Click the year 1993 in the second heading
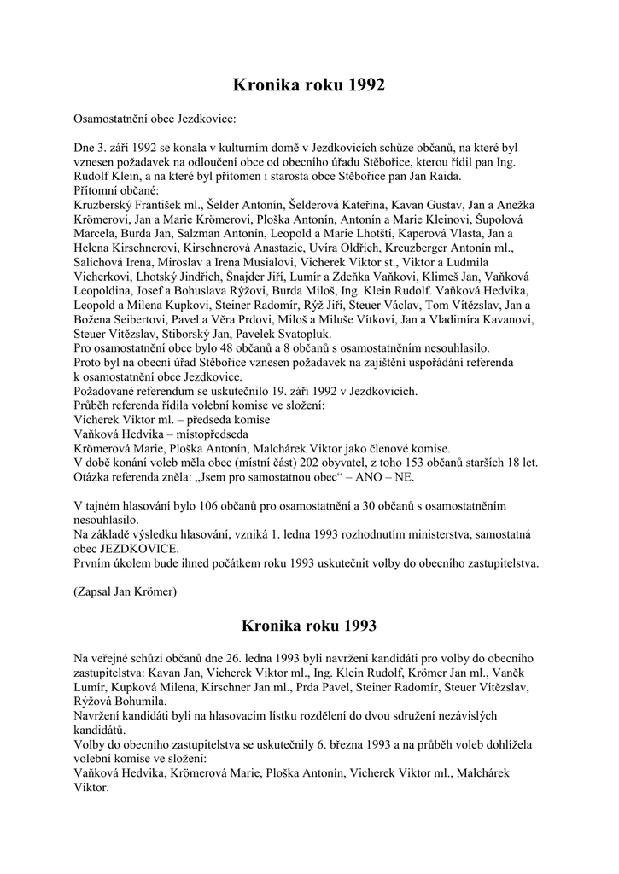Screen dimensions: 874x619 353,626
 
